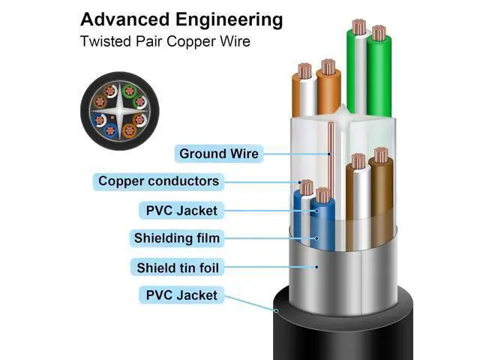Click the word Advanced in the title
120,18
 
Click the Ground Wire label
218,154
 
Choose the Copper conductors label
158,181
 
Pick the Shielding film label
176,238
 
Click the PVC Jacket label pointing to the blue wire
181,210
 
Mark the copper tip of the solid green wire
379,32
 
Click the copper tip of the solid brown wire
381,155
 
